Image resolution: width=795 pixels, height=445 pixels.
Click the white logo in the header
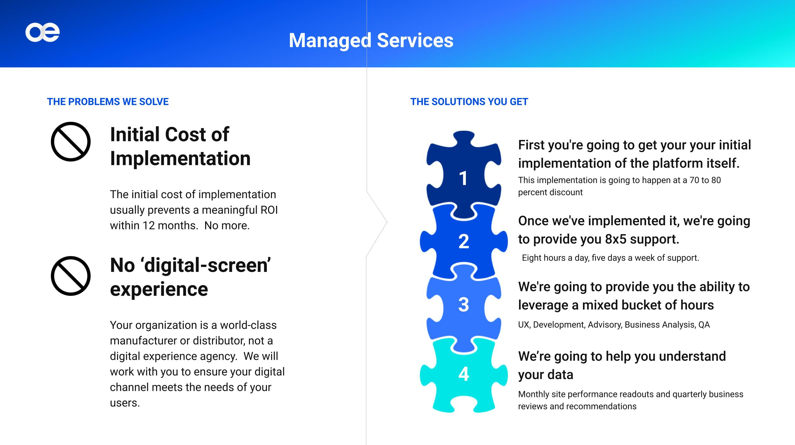coord(43,32)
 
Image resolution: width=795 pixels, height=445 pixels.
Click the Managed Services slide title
coord(371,41)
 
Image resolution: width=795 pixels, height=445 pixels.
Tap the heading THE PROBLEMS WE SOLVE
coord(108,102)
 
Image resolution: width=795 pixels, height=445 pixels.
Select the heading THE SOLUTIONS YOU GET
coord(469,102)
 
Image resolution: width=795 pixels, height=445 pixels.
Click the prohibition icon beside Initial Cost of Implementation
coord(71,142)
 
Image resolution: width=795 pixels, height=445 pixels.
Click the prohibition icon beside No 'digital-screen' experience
coord(71,276)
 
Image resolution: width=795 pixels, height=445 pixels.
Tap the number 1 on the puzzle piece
coord(464,178)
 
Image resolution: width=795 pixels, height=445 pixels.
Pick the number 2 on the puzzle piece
coord(464,241)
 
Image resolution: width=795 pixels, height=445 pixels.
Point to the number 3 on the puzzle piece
coord(464,304)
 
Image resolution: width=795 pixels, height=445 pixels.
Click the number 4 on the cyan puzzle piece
coord(464,374)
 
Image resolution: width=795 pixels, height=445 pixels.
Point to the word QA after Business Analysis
coord(704,325)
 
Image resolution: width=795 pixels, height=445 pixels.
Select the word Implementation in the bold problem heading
coord(180,158)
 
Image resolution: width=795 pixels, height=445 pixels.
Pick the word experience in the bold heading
coord(159,289)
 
